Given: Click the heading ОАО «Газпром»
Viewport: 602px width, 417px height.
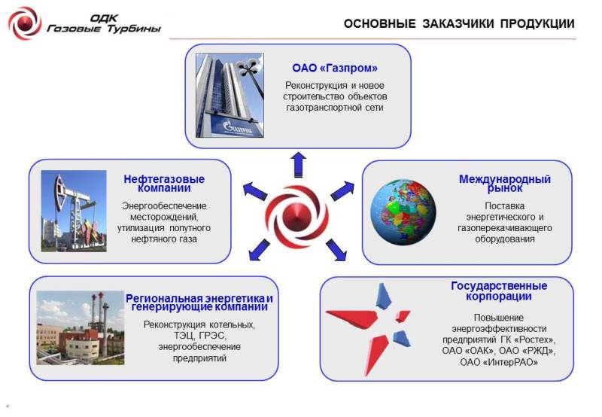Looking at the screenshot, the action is point(335,68).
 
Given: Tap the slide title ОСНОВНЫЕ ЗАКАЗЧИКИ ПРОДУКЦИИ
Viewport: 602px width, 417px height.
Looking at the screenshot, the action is point(459,24).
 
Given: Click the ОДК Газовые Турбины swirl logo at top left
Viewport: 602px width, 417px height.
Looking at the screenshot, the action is point(25,23).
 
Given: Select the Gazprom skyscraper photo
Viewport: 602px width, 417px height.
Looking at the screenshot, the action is point(230,96).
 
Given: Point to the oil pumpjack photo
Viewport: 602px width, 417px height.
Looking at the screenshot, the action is point(74,211).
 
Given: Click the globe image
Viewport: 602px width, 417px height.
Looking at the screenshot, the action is point(403,212).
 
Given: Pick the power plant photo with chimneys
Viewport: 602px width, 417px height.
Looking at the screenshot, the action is point(81,327).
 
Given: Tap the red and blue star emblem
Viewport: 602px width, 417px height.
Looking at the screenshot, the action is point(369,329).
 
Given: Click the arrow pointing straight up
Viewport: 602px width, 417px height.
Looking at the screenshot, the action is point(298,164).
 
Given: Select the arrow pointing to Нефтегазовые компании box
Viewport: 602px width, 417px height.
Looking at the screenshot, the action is point(255,191).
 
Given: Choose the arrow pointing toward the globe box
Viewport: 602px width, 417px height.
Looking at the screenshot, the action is point(342,190).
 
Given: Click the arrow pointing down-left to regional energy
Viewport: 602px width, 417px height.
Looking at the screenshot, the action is point(259,250).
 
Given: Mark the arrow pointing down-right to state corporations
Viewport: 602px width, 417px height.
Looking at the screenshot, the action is point(336,250).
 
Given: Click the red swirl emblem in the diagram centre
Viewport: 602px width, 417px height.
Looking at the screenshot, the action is point(296,216).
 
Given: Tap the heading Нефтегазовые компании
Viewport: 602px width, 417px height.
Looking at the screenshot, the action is point(164,184).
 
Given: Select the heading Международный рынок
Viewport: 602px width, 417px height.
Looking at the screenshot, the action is point(505,184).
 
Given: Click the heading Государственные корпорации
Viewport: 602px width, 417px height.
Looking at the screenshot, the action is point(499,291).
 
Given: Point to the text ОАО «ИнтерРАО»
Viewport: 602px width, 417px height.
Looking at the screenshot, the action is point(499,362).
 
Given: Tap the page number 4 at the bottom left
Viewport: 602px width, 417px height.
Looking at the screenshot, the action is point(8,406).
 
